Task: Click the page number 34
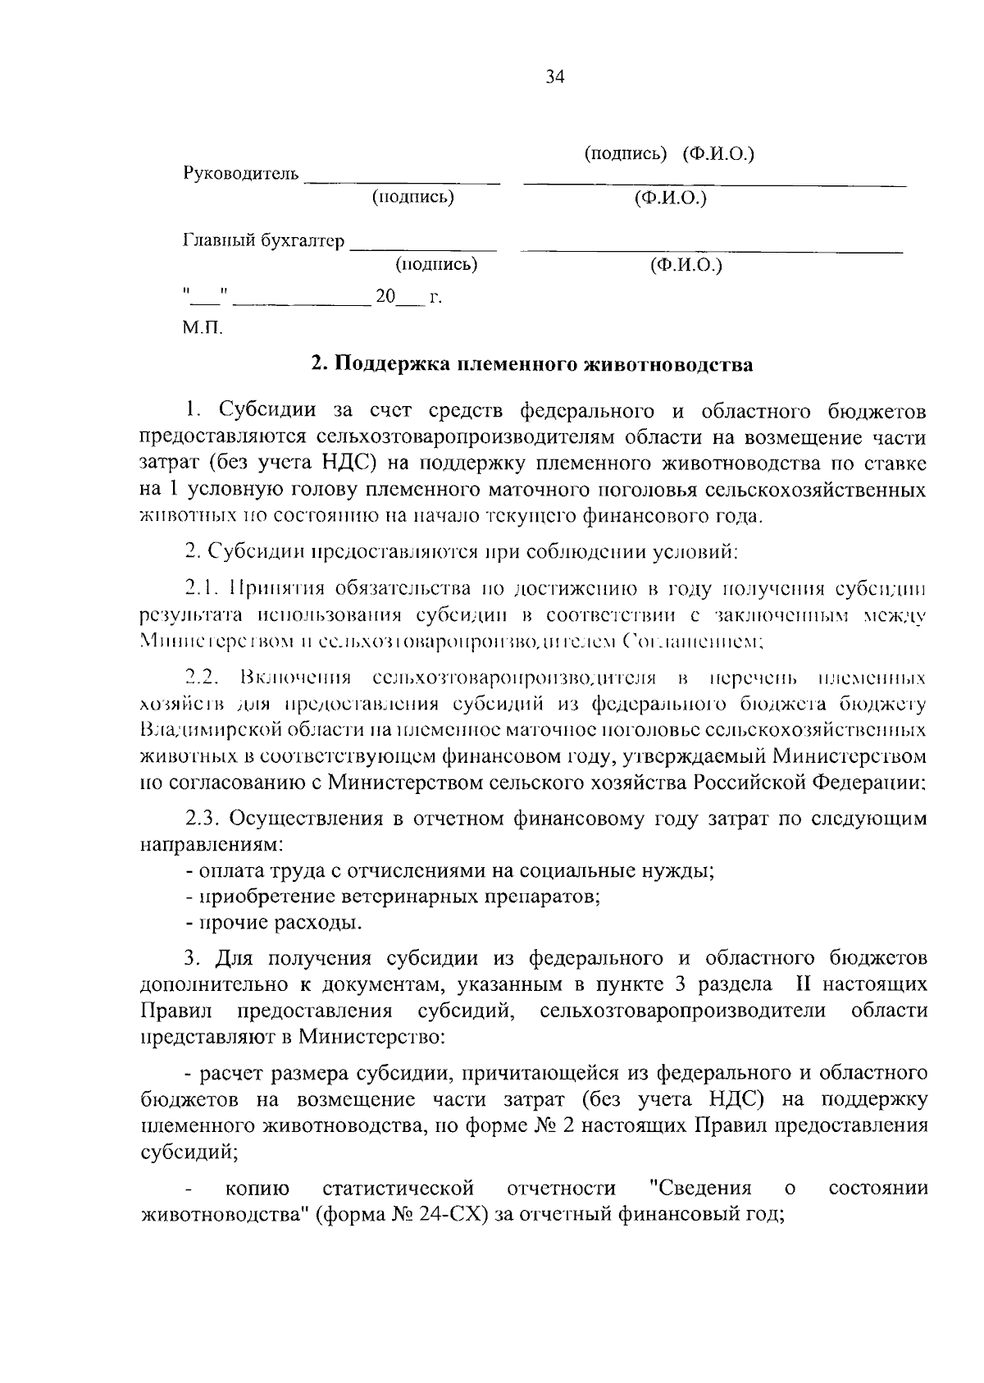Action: (554, 77)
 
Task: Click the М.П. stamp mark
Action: (202, 329)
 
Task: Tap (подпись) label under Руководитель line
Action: (412, 198)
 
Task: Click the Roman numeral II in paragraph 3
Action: (802, 984)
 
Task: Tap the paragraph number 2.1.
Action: (202, 588)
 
